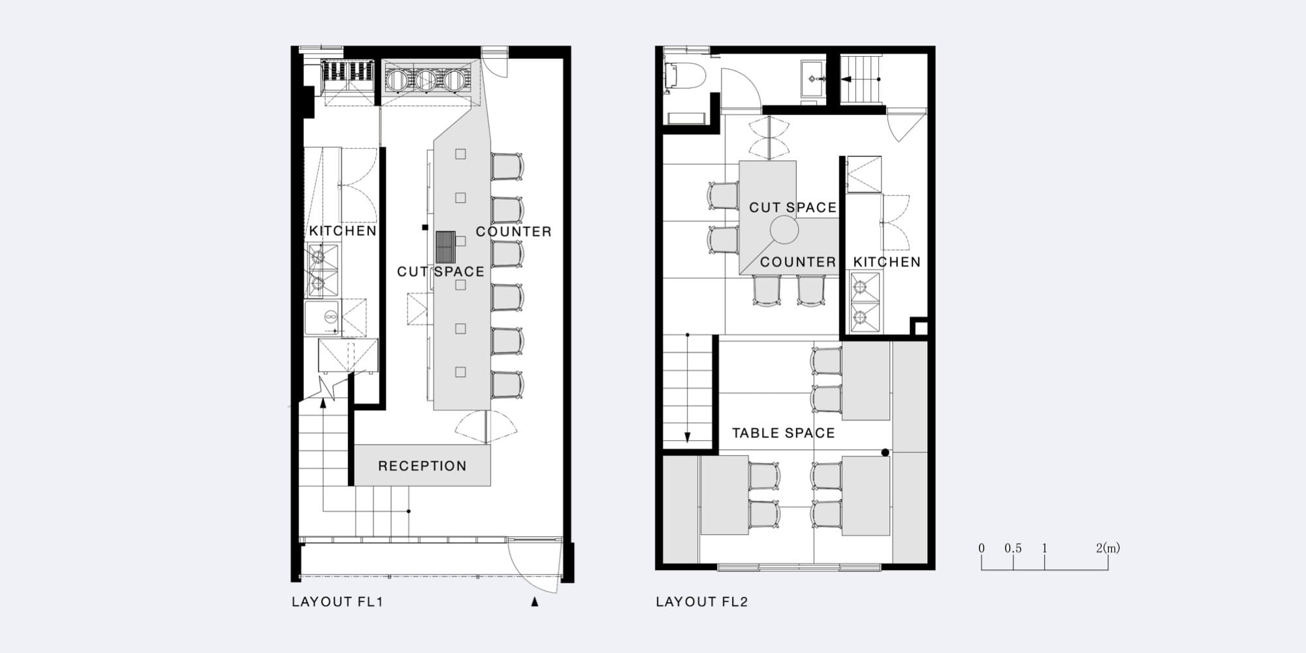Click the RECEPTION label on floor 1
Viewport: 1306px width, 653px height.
point(422,466)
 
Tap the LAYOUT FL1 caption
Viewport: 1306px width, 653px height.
point(337,601)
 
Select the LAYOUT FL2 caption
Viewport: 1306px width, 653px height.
point(701,601)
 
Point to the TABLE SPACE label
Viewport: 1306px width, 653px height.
point(783,433)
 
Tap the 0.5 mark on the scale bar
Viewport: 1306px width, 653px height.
point(1013,549)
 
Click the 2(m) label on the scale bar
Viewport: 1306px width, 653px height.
point(1107,549)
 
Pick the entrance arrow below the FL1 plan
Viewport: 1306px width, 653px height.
point(534,602)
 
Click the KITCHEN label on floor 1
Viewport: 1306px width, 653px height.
point(343,231)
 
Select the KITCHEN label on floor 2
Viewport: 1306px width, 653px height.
point(887,262)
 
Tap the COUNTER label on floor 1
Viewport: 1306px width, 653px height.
point(513,232)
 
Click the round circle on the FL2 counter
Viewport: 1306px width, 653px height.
point(784,230)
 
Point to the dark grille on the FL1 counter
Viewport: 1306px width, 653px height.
point(445,247)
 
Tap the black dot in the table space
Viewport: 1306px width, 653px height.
point(885,453)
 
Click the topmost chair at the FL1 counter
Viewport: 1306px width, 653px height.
point(507,167)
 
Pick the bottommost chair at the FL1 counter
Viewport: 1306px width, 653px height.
point(507,385)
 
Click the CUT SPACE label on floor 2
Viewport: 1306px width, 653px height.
point(793,208)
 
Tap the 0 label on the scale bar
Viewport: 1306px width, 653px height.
point(981,549)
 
